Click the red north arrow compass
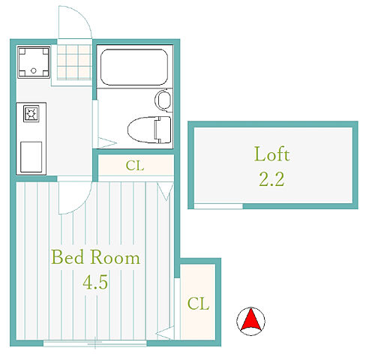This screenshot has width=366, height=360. (x=250, y=321)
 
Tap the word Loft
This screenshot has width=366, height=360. (x=271, y=154)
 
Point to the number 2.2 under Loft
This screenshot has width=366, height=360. (x=271, y=179)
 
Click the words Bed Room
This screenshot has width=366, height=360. (x=95, y=257)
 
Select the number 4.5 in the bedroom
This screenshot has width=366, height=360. (x=95, y=282)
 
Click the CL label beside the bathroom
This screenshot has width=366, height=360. (x=135, y=166)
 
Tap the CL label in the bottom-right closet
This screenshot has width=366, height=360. (x=198, y=304)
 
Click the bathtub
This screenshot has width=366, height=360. (x=134, y=67)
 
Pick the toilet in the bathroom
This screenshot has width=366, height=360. (x=149, y=130)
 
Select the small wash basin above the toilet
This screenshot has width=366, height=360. (x=163, y=100)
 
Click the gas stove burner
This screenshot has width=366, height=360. (x=31, y=114)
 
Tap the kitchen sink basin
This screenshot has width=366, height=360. (x=31, y=157)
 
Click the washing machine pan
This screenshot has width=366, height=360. (x=34, y=62)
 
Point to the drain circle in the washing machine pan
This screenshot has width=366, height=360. (x=34, y=70)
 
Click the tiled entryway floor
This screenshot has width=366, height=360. (x=74, y=62)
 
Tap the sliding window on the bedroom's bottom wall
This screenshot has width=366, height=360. (x=95, y=343)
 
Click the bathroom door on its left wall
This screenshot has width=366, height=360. (x=95, y=124)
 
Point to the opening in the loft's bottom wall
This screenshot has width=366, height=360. (x=218, y=206)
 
